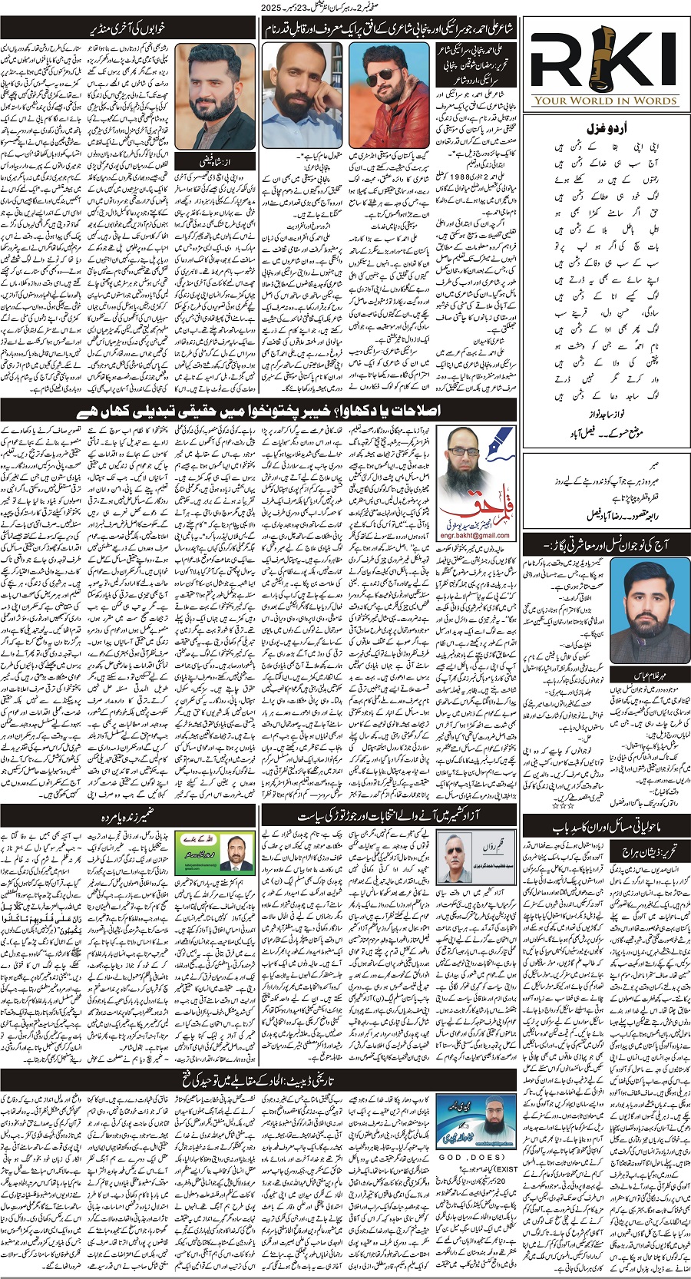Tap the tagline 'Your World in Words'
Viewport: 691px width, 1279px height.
pos(605,100)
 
